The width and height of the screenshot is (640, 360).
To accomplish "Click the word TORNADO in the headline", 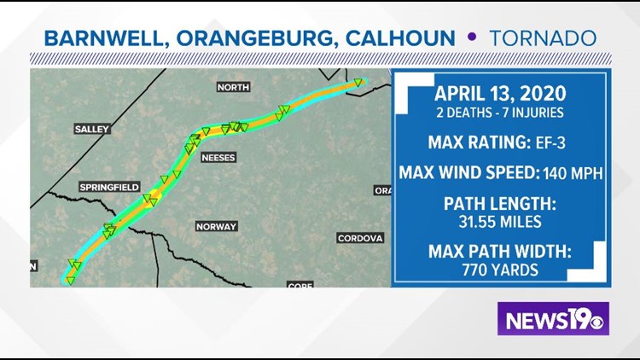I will coord(543,39).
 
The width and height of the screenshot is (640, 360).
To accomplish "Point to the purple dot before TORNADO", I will coord(470,39).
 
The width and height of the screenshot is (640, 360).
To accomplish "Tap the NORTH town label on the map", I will coord(232,87).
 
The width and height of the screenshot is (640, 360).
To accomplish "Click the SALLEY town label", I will coord(92,129).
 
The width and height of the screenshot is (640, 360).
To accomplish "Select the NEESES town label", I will coord(218,158).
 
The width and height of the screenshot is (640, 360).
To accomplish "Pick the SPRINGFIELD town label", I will coord(108,187).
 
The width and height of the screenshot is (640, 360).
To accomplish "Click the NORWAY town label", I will coord(216,227).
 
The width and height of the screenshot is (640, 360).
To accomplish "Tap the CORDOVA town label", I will coord(360,238).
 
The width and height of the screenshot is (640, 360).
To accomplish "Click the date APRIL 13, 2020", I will coord(499,93).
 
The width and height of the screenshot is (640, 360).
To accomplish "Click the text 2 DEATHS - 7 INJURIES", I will coord(499,112).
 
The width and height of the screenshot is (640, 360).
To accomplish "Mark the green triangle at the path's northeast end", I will coord(358,83).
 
